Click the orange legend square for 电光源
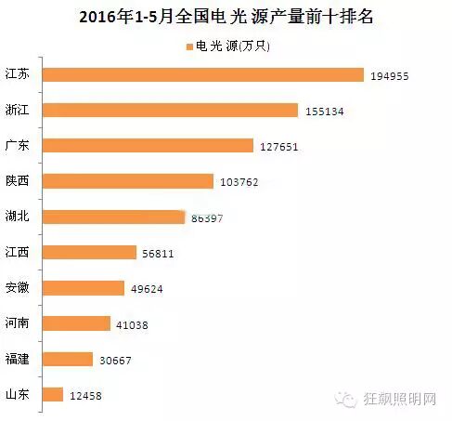tap(189, 46)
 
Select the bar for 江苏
tap(203, 74)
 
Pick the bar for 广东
tap(149, 145)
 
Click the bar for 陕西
tap(128, 181)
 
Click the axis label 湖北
tap(19, 217)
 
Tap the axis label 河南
tap(19, 323)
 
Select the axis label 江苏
tap(19, 74)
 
